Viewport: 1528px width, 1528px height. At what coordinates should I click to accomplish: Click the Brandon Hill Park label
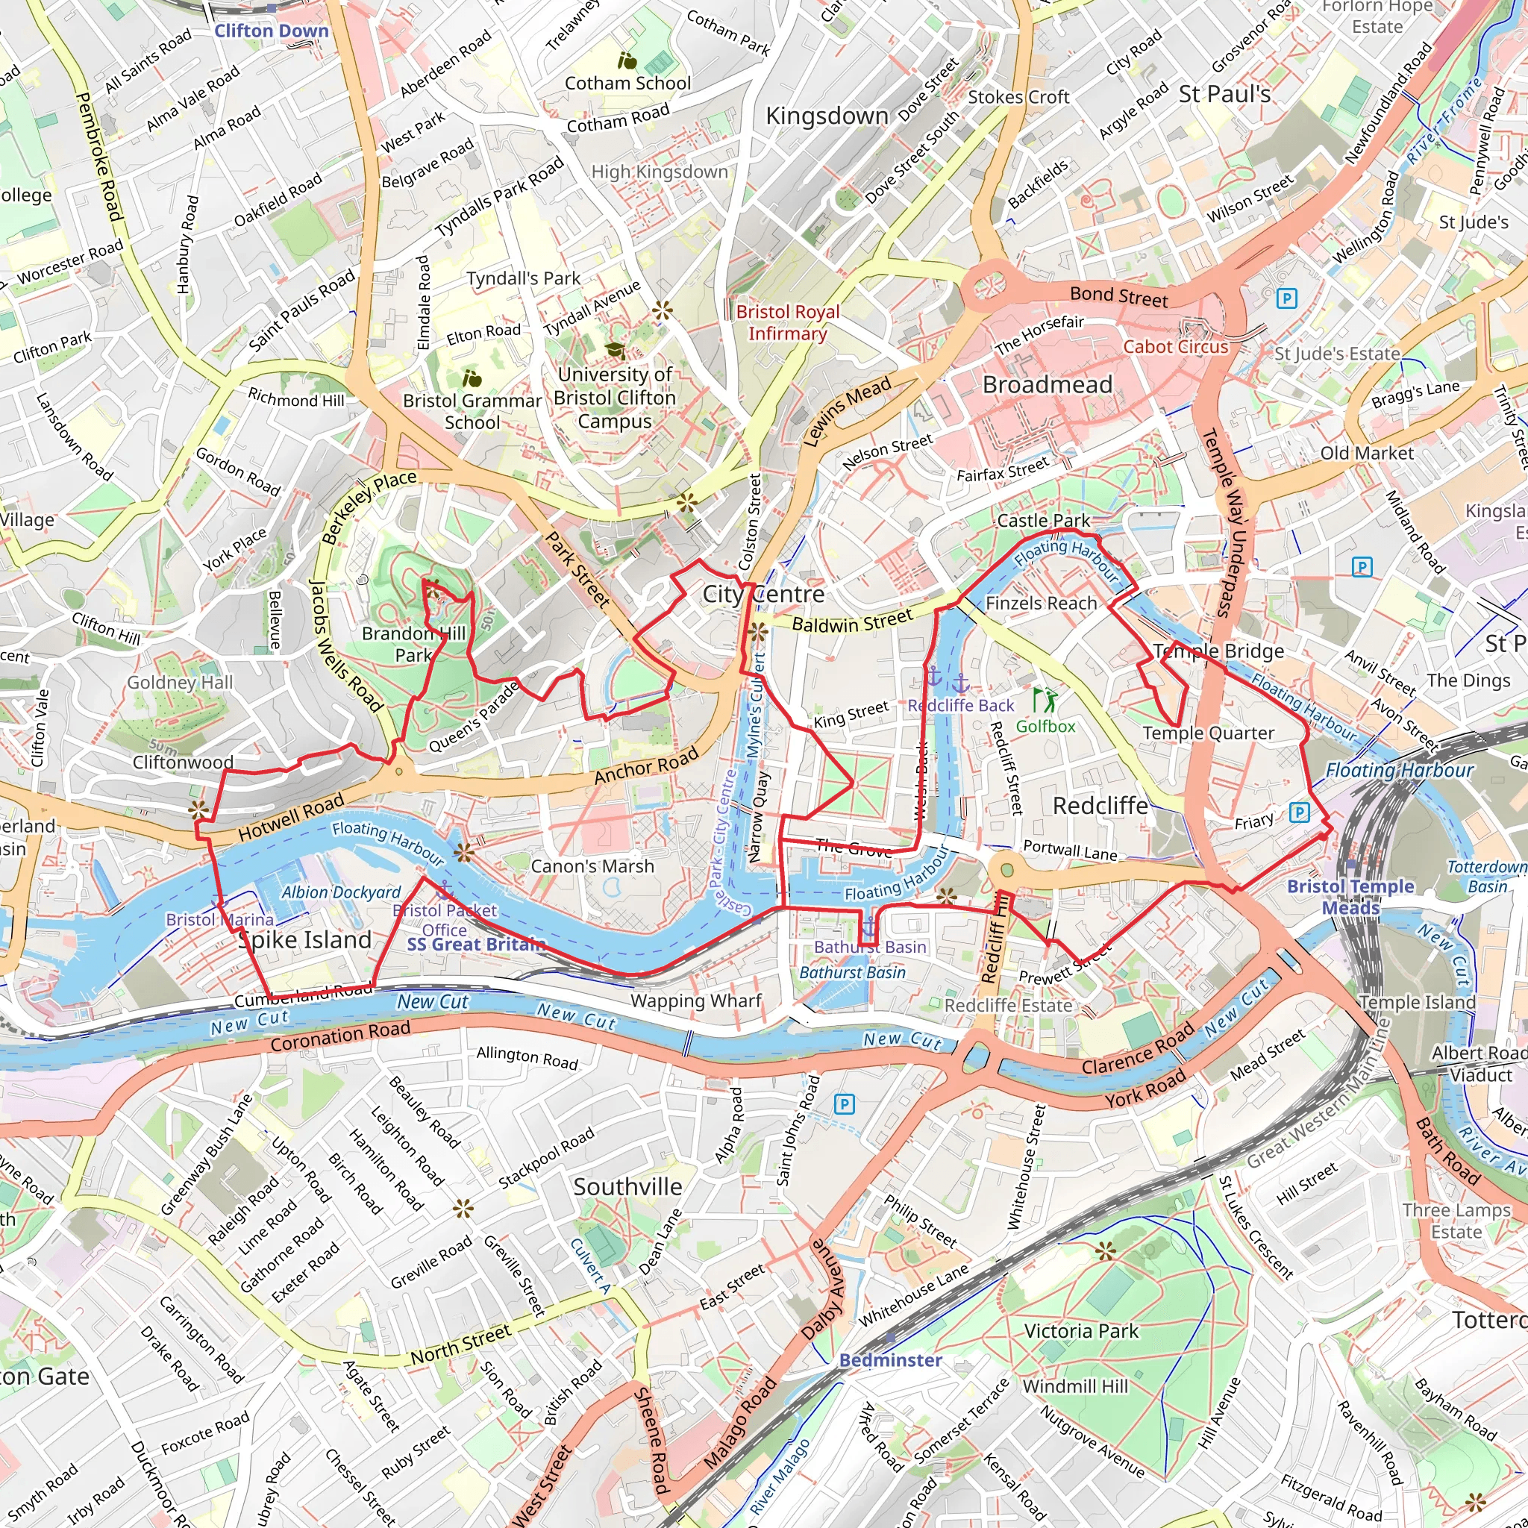[x=413, y=644]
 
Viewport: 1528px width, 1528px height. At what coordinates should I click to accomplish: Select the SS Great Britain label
[x=476, y=944]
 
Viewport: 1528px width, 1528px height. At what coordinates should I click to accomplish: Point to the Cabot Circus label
[x=1175, y=346]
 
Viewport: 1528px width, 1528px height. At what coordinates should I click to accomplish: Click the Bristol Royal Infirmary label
[x=787, y=322]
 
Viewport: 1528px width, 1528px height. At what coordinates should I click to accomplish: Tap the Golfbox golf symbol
[x=1044, y=700]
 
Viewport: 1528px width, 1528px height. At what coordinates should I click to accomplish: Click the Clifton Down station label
[x=272, y=31]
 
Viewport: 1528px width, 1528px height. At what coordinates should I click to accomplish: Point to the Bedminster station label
[x=890, y=1359]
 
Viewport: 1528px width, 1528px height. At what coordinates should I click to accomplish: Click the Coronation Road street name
[x=340, y=1036]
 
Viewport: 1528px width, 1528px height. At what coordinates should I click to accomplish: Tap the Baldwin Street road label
[x=852, y=621]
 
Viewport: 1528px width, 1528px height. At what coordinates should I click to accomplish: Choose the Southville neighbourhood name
[x=627, y=1186]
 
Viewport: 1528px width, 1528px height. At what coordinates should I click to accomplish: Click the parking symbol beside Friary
[x=1299, y=812]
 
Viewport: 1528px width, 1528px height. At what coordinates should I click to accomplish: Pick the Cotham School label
[x=627, y=83]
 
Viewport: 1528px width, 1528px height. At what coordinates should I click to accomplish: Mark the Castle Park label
[x=1043, y=521]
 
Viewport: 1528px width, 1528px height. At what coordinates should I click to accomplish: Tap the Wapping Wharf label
[x=695, y=1001]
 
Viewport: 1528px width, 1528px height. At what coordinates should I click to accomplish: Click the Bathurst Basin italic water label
[x=852, y=972]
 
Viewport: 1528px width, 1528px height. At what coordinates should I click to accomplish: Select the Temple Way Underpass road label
[x=1224, y=522]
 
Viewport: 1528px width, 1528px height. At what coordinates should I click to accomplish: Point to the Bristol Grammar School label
[x=472, y=411]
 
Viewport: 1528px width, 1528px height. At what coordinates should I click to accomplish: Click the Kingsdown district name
[x=827, y=116]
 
